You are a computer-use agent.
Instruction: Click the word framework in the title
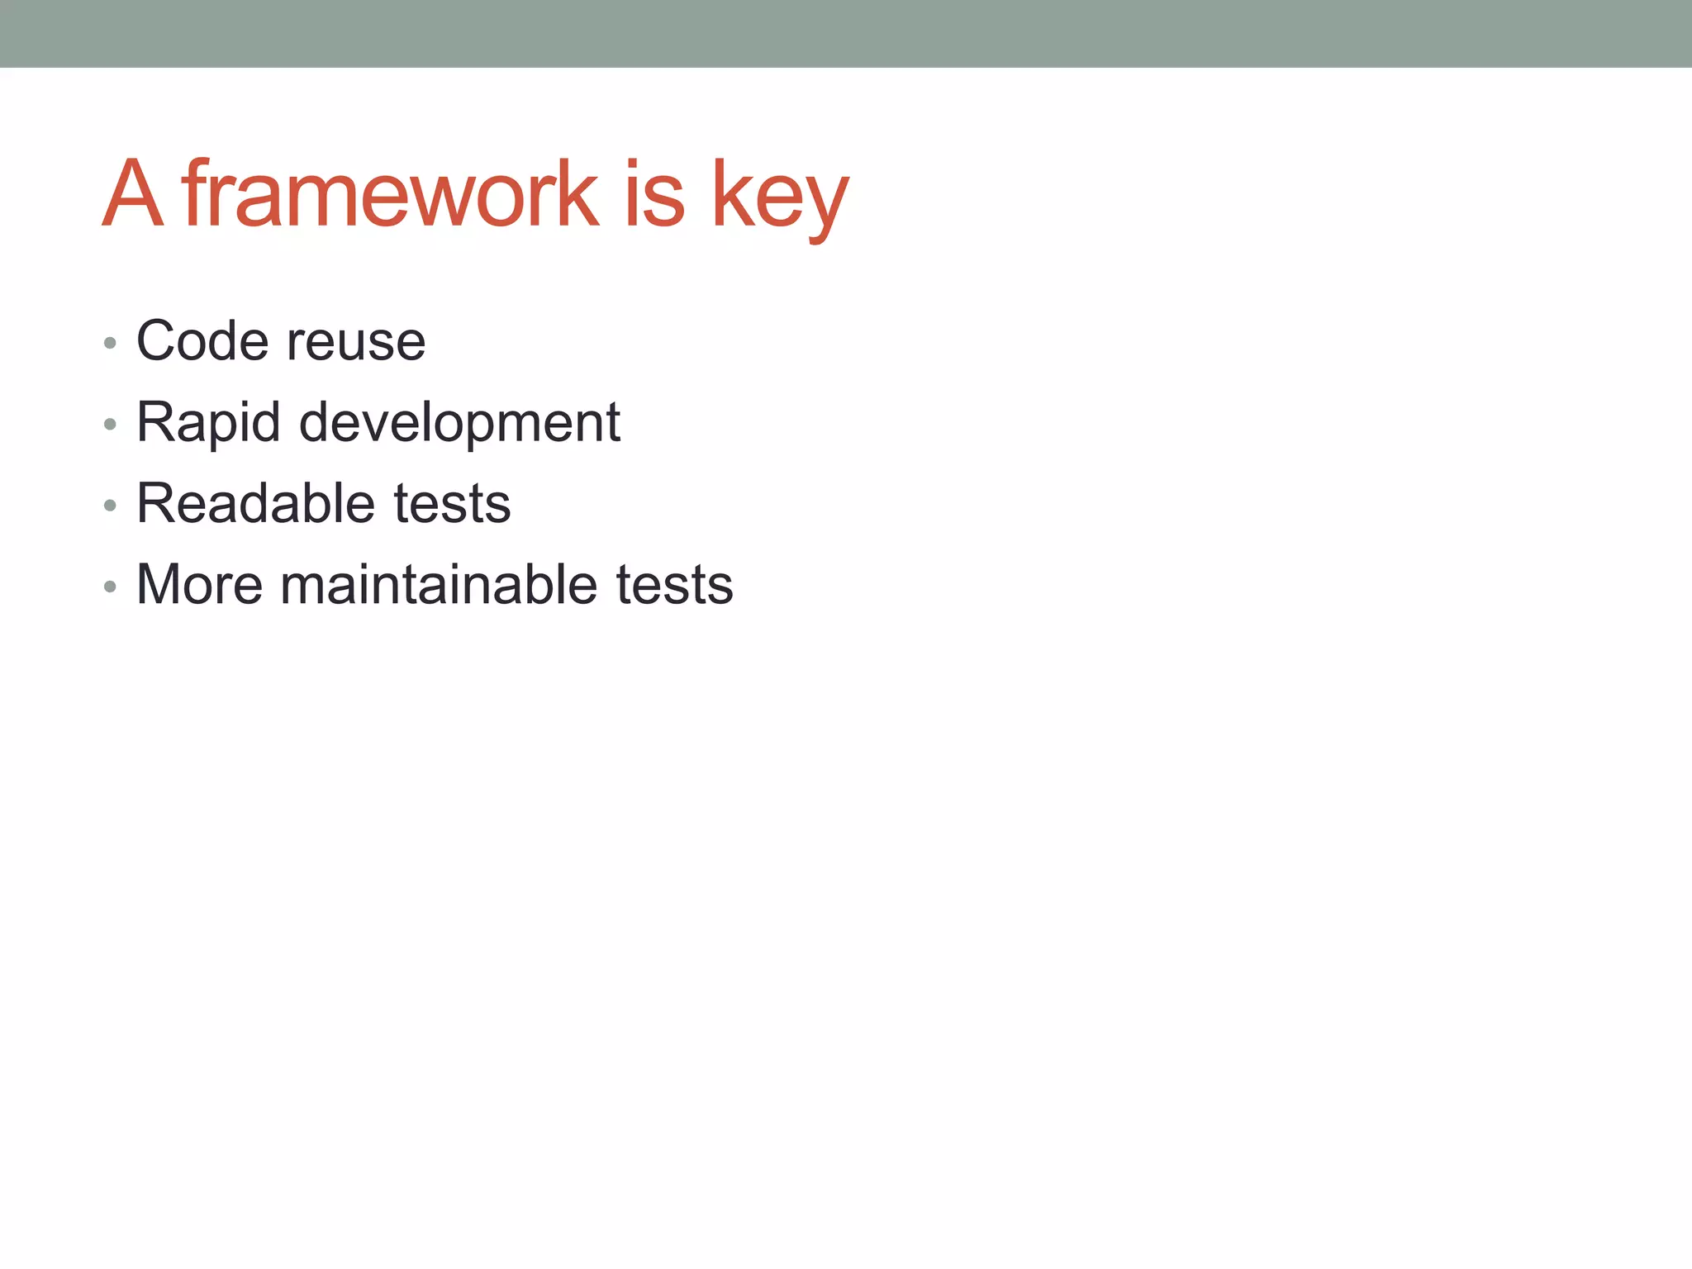coord(390,194)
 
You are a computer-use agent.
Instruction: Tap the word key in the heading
coord(779,198)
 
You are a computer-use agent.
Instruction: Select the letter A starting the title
coord(132,194)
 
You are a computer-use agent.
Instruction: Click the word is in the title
coord(654,194)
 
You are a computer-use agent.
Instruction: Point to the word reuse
coord(356,343)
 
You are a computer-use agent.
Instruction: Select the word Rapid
coord(208,423)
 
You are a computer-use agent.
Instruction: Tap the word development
coord(459,423)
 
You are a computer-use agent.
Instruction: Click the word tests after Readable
coord(452,505)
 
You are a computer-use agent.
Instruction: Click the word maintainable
coord(438,585)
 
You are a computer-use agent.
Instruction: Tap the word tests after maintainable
coord(674,586)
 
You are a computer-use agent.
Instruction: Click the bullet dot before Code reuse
coord(110,343)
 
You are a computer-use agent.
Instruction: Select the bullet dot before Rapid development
coord(110,425)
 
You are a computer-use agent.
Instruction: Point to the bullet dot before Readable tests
coord(110,506)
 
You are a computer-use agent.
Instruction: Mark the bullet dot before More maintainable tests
coord(110,587)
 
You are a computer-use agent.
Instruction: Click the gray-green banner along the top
coord(846,33)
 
